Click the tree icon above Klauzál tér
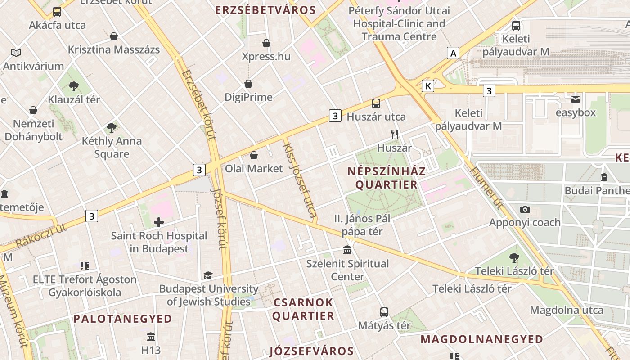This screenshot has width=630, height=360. [x=74, y=85]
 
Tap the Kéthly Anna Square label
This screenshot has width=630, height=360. [x=112, y=148]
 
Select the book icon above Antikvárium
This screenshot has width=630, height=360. [x=16, y=53]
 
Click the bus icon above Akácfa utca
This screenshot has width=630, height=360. [x=57, y=12]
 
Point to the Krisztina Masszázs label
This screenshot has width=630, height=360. [x=114, y=49]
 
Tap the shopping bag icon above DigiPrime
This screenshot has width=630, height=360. [x=248, y=84]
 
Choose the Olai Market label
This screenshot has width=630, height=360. [x=254, y=169]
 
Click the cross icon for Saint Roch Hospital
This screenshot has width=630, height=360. [x=159, y=222]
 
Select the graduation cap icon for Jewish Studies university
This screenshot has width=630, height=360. [x=208, y=275]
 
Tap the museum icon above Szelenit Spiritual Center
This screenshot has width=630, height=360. [x=347, y=250]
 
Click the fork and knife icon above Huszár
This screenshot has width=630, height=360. [x=395, y=134]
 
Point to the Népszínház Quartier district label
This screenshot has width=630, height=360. [x=387, y=178]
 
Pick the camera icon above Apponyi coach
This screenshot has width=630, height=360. [x=525, y=209]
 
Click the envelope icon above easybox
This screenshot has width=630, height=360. [x=576, y=99]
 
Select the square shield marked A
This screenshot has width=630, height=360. [x=453, y=53]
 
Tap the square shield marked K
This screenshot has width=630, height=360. [x=428, y=85]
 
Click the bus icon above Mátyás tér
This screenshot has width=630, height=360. [x=384, y=312]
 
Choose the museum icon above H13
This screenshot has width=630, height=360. [x=151, y=337]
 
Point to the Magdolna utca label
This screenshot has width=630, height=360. [x=567, y=310]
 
